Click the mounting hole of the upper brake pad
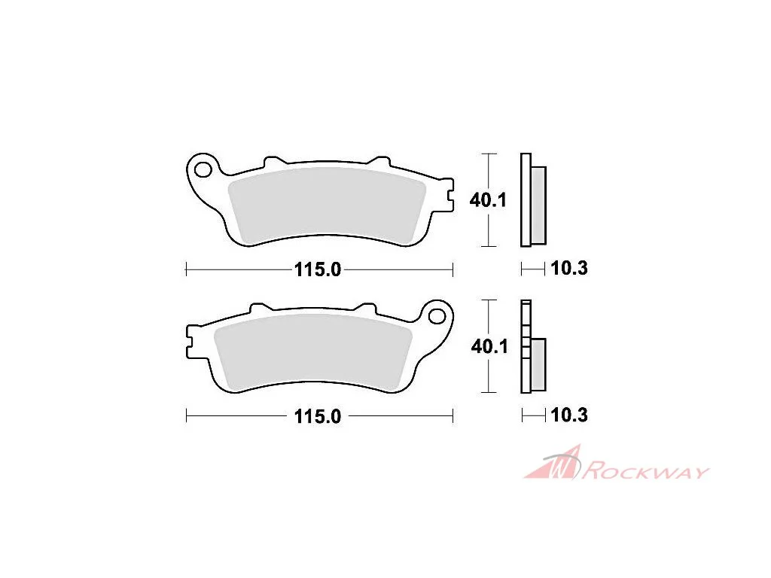(203, 169)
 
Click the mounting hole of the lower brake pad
(437, 316)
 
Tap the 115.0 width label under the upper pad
(318, 270)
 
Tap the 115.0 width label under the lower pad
(318, 417)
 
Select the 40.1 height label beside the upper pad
(488, 200)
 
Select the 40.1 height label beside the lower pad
(489, 346)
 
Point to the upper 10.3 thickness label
(569, 269)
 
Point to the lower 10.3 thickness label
(569, 415)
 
